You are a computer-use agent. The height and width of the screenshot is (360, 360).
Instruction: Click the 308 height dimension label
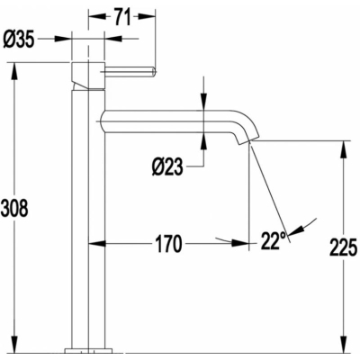[x=14, y=208]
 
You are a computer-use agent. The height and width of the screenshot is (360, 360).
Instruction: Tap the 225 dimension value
[x=344, y=247]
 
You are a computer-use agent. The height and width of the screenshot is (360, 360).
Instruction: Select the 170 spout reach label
[x=169, y=244]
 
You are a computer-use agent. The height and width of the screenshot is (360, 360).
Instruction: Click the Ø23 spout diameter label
[x=167, y=166]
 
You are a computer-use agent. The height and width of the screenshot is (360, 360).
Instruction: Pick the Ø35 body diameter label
[x=19, y=40]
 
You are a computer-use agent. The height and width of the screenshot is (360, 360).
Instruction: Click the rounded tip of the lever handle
[x=154, y=72]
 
